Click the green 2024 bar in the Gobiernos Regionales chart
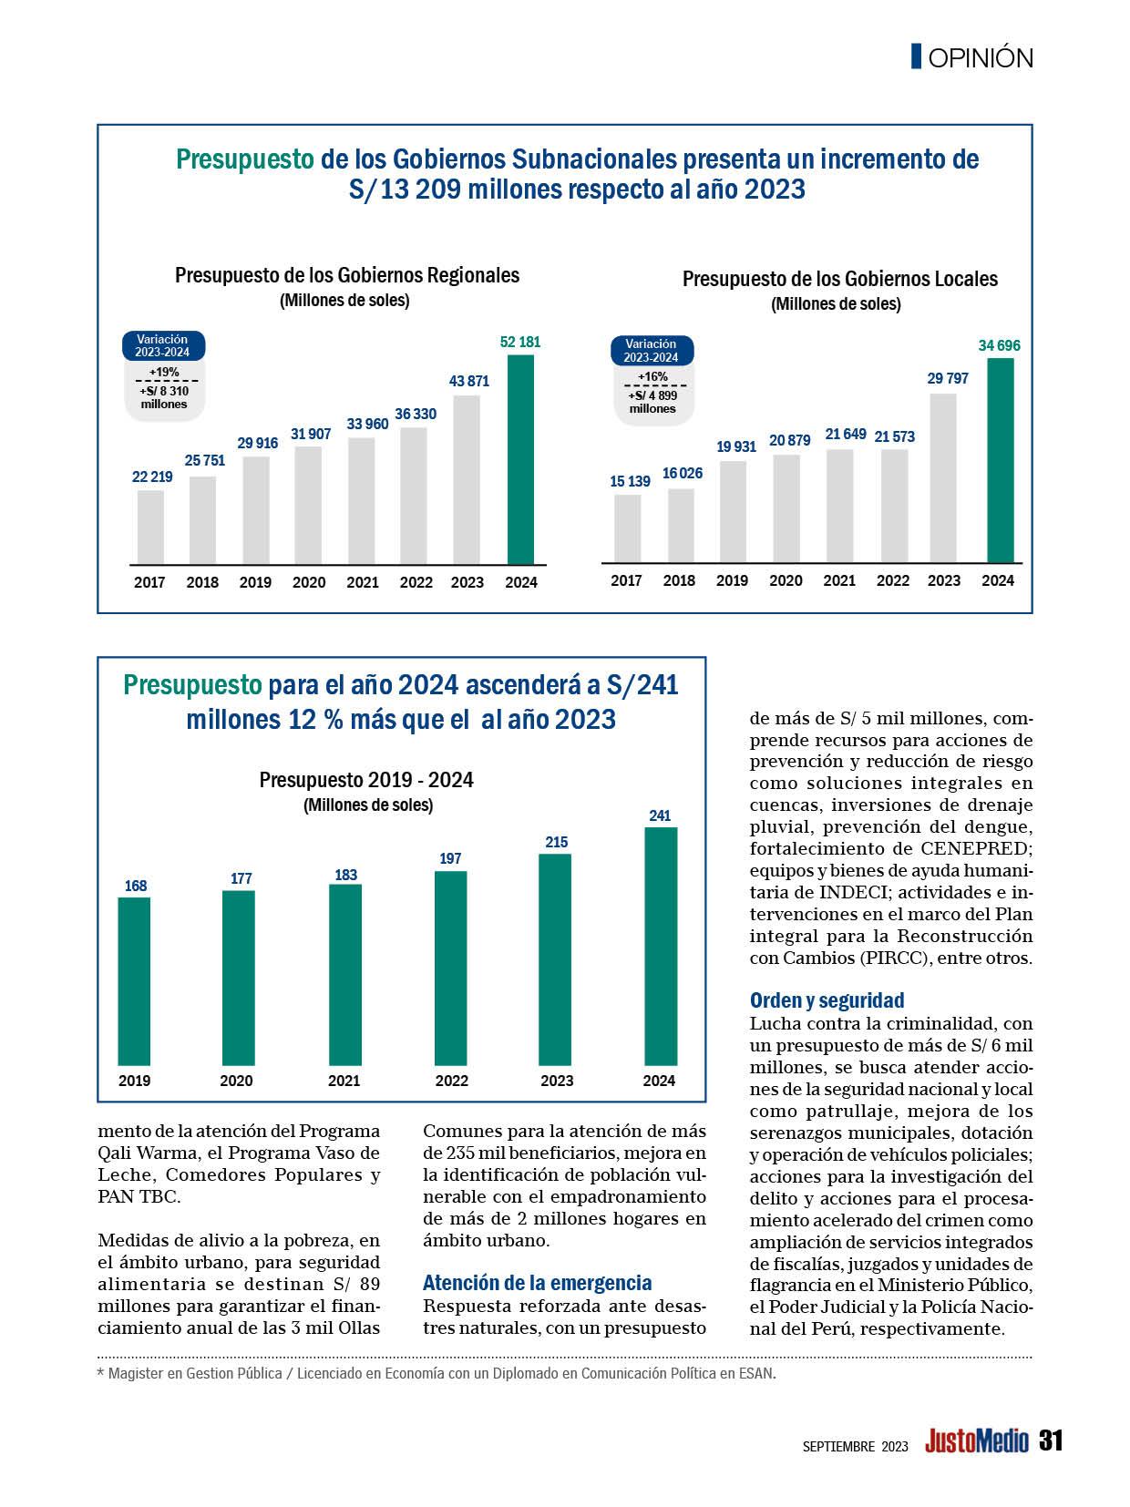pyautogui.click(x=520, y=459)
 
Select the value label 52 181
pyautogui.click(x=520, y=343)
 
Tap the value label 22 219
pyautogui.click(x=152, y=477)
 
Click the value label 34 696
pyautogui.click(x=1000, y=345)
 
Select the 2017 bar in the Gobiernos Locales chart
pyautogui.click(x=627, y=528)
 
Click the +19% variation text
pyautogui.click(x=164, y=372)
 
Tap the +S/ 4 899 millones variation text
pyautogui.click(x=652, y=402)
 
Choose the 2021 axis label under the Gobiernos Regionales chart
pyautogui.click(x=363, y=582)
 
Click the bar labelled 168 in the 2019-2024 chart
pyautogui.click(x=134, y=981)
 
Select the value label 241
pyautogui.click(x=660, y=815)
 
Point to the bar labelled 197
pyautogui.click(x=451, y=968)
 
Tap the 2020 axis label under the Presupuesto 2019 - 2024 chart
pyautogui.click(x=237, y=1081)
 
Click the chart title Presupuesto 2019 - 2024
pyautogui.click(x=366, y=780)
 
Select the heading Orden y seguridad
pyautogui.click(x=827, y=1000)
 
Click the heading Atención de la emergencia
pyautogui.click(x=537, y=1283)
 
